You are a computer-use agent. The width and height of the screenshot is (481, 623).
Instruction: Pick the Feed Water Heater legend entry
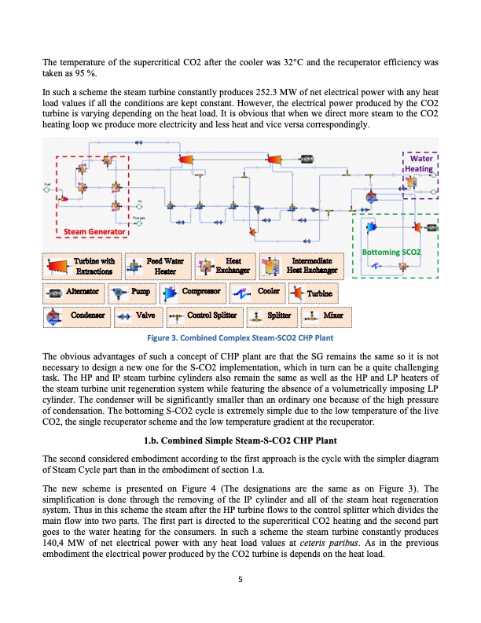[156, 266]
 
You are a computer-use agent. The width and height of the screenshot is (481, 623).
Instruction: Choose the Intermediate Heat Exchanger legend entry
[302, 266]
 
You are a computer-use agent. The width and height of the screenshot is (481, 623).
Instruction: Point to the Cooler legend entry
[281, 293]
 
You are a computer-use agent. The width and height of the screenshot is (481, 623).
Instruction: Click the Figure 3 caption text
[240, 338]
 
